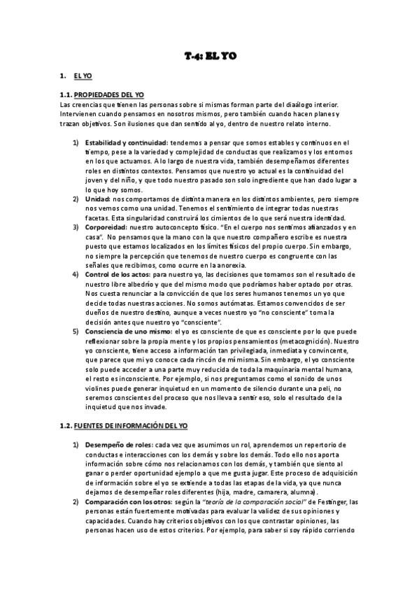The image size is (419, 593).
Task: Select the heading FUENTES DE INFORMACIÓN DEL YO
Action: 133,426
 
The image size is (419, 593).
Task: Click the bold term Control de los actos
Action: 118,275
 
